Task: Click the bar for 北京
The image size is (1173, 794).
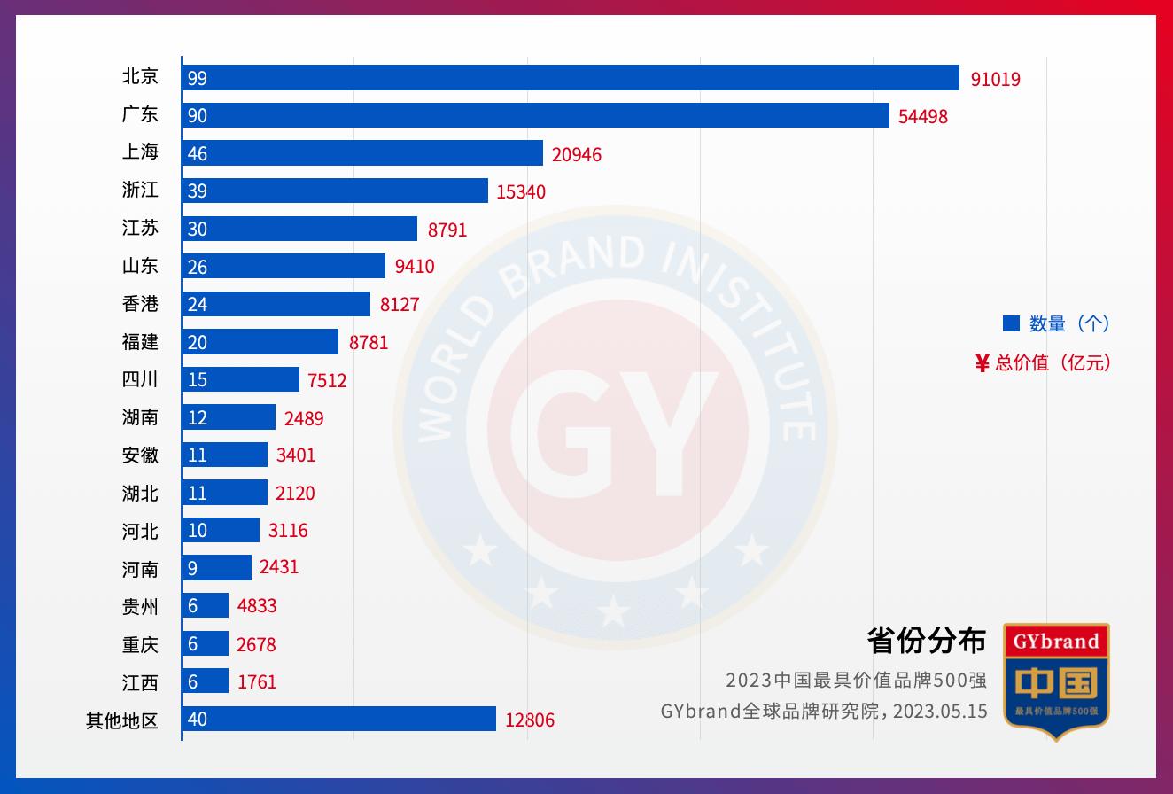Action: (571, 78)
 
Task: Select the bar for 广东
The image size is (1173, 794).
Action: (535, 115)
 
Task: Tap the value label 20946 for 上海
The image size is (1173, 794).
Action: (576, 154)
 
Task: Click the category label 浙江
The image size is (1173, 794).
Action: (140, 191)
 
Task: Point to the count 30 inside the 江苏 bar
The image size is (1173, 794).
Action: (198, 229)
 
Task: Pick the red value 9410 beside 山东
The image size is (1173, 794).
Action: (415, 267)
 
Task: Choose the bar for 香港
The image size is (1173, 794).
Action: (276, 304)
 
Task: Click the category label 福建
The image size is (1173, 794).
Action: (140, 342)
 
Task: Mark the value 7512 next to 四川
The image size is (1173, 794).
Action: (327, 380)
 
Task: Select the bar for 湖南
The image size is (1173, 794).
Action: (229, 417)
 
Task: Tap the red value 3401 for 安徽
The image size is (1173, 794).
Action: (295, 455)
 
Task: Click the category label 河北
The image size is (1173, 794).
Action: (140, 531)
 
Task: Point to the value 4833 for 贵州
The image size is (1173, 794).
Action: (257, 606)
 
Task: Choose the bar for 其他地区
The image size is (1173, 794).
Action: (338, 719)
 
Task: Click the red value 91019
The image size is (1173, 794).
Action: (995, 79)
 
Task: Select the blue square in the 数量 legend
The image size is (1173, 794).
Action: (1011, 323)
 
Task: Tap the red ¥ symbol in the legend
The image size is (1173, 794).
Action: (982, 362)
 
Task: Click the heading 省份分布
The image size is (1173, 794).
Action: (926, 640)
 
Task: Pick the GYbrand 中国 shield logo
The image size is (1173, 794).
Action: (1056, 681)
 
